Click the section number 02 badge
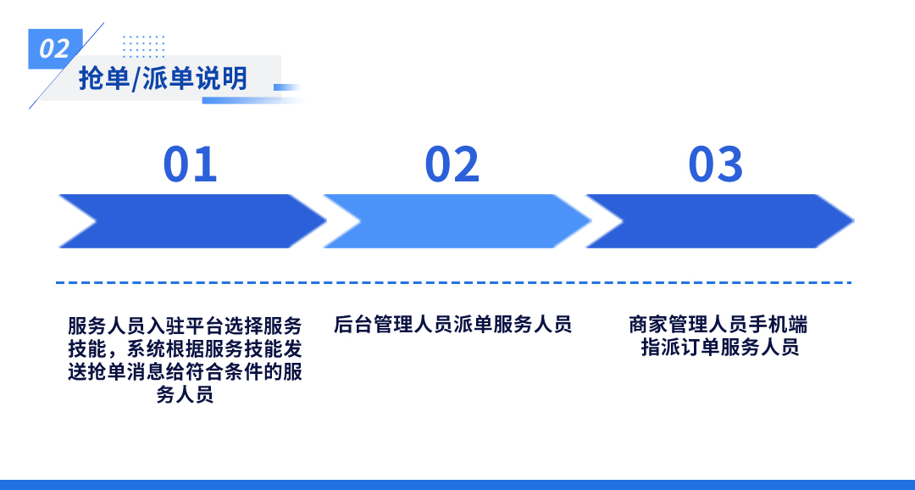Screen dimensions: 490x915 tap(55, 48)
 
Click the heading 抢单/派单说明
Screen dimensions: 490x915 tap(164, 79)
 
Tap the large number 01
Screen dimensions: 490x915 tap(190, 164)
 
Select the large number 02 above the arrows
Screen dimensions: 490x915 tap(452, 164)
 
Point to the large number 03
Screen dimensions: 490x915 tap(715, 164)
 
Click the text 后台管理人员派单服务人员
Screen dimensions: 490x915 tap(452, 325)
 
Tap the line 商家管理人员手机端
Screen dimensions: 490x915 tap(718, 325)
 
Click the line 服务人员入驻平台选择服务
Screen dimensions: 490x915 tap(185, 326)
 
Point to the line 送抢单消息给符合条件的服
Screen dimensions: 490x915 tap(185, 372)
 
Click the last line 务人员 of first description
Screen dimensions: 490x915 tap(185, 395)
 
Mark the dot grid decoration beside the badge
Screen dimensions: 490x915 tap(143, 45)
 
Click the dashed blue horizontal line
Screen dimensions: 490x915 tap(453, 282)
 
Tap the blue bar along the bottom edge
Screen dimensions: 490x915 tap(457, 484)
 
